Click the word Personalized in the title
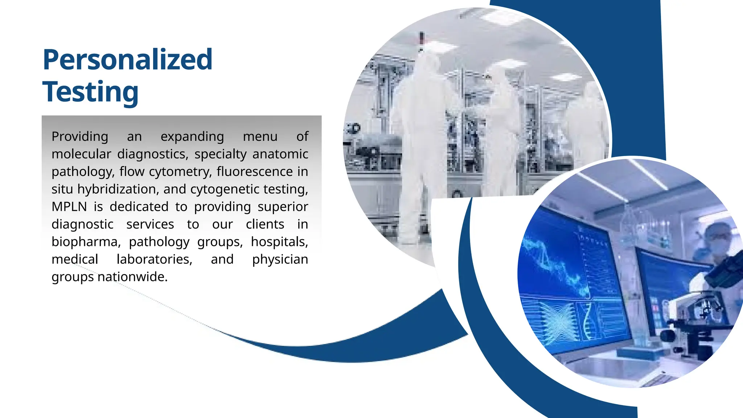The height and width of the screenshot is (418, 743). (x=127, y=60)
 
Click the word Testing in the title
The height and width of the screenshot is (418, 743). (x=90, y=92)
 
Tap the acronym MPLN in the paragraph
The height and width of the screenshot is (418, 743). (x=69, y=207)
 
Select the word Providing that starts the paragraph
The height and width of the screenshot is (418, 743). (x=80, y=137)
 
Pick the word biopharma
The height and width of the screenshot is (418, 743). (x=86, y=242)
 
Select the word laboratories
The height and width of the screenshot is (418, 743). (x=154, y=259)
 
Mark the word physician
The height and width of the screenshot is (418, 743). (x=280, y=259)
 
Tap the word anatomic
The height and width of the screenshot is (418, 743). (x=280, y=154)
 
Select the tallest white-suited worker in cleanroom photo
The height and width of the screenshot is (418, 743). (x=421, y=145)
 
